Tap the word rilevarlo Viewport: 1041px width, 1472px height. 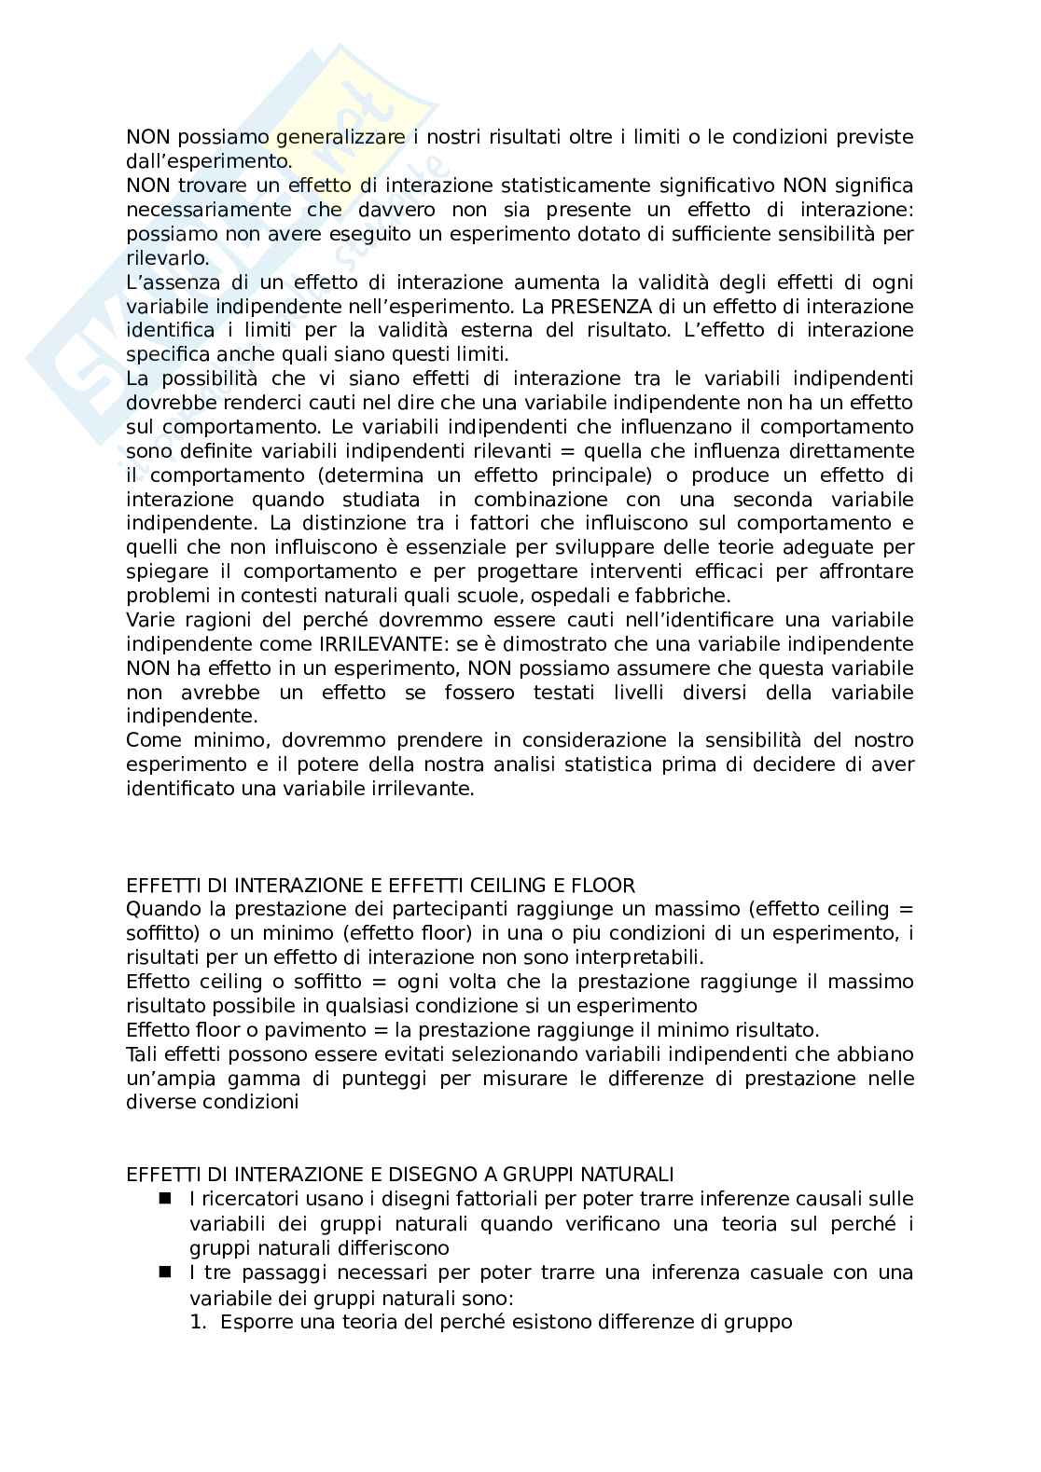tap(168, 258)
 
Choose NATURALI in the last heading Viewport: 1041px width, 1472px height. tap(630, 1174)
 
